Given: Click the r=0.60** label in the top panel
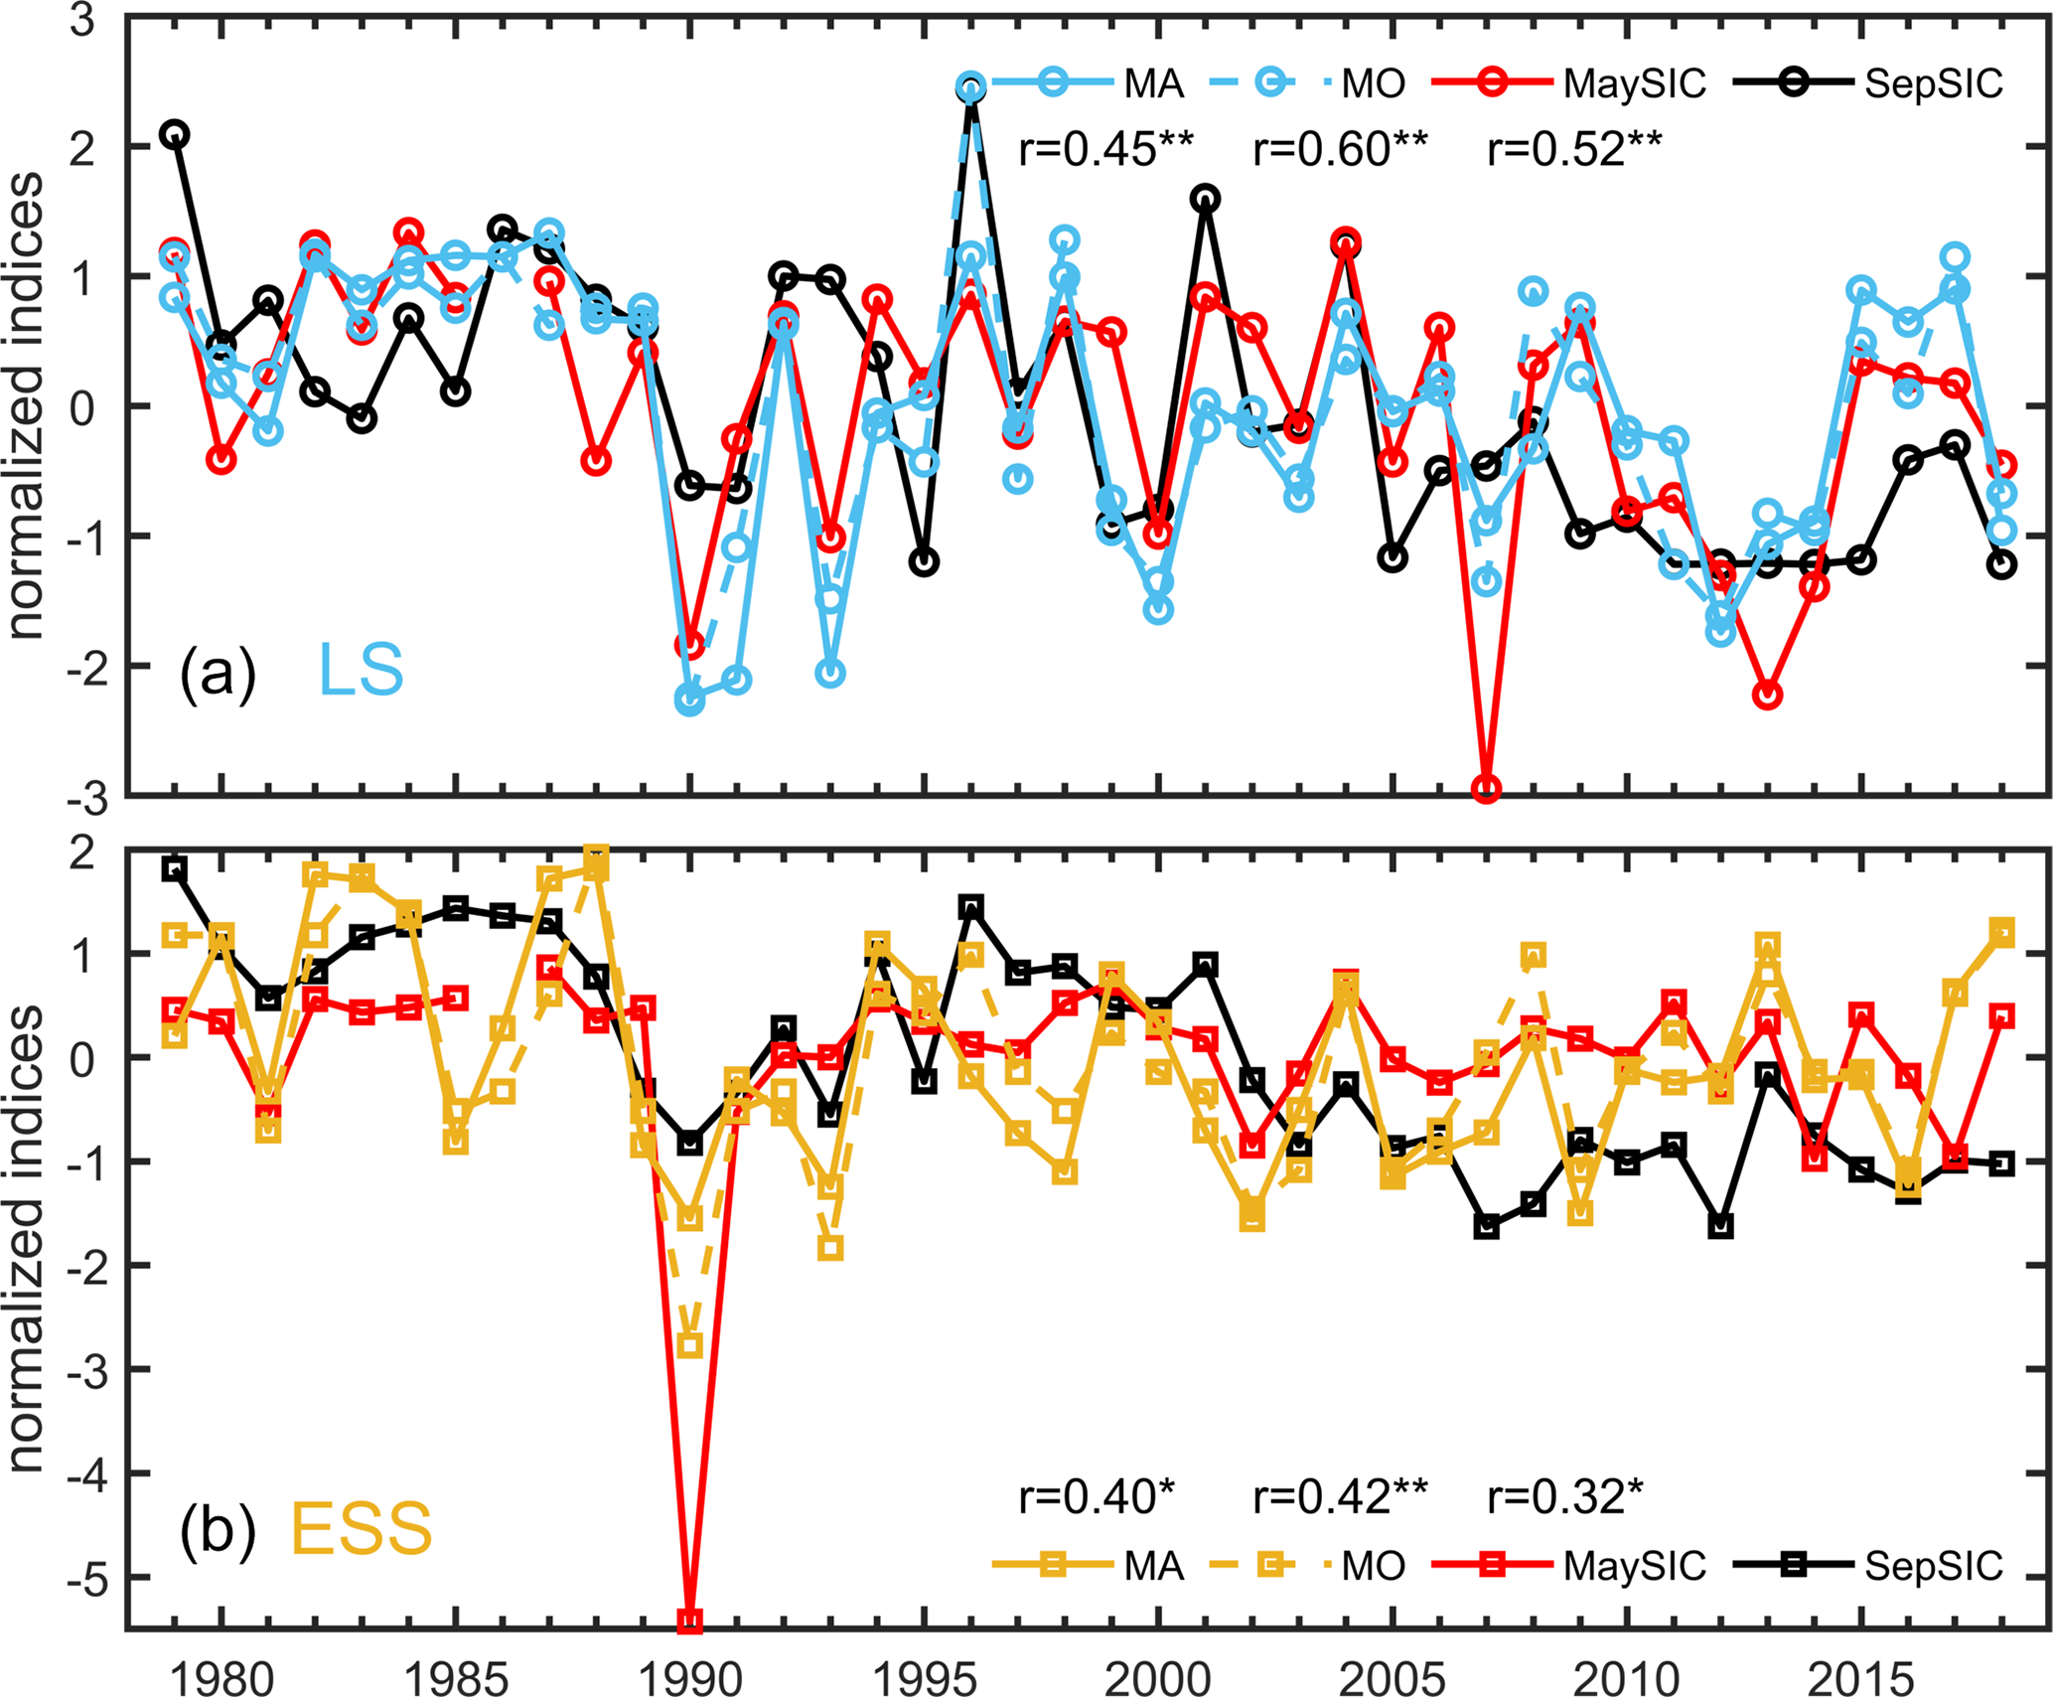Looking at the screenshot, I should tap(1340, 150).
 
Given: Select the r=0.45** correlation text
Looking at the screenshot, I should tap(1105, 150).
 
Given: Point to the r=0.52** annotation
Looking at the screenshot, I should tap(1574, 150).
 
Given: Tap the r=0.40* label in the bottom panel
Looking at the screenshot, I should tap(1097, 1496).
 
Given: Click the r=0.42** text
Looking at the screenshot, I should tap(1340, 1496).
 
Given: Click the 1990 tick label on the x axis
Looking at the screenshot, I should tap(689, 1679).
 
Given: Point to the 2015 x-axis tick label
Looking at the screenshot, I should tap(1860, 1679).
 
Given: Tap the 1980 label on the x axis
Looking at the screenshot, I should tap(221, 1679).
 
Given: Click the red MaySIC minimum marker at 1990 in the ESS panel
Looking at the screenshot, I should tap(689, 1621).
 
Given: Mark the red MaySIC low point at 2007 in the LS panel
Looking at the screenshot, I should tap(1486, 789).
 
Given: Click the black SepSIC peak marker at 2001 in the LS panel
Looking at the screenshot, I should tap(1205, 199).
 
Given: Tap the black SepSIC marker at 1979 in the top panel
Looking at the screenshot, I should tap(175, 134).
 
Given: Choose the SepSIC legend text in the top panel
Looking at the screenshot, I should tap(1933, 84).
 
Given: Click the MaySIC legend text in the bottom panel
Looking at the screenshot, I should tap(1634, 1567).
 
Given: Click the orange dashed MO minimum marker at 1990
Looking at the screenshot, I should tap(689, 1346).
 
